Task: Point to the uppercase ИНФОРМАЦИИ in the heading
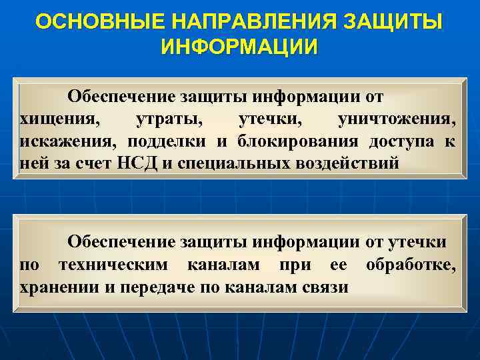(240, 47)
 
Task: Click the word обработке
(410, 265)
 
